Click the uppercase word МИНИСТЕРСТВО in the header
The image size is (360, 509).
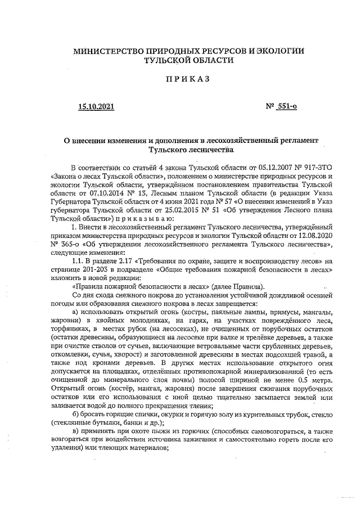pos(111,52)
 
